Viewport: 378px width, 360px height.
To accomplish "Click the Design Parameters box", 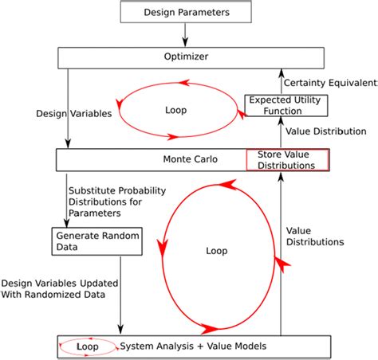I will tap(186, 13).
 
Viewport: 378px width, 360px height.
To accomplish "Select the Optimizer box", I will tap(191, 57).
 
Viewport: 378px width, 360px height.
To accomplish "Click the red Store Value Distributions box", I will tap(286, 159).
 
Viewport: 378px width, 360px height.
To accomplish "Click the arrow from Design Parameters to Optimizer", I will tap(186, 34).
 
